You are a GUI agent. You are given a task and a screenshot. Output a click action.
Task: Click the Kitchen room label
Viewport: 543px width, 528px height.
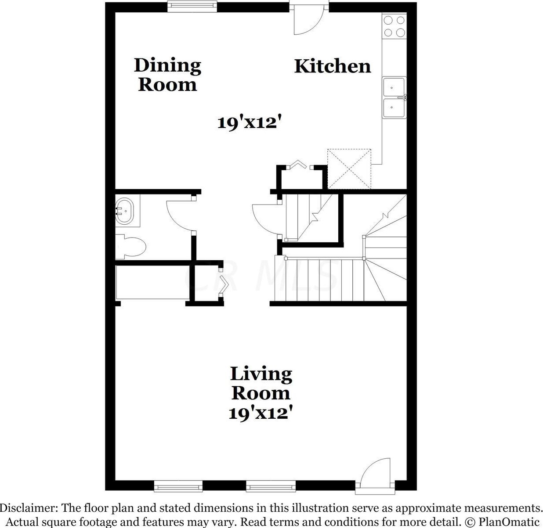click(x=332, y=66)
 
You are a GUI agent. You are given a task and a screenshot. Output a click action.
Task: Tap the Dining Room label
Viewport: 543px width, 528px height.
click(x=167, y=75)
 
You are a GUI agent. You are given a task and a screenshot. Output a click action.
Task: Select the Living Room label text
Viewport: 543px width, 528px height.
click(x=261, y=383)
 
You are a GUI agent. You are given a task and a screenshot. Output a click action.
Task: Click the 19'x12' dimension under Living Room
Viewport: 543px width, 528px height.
click(x=261, y=413)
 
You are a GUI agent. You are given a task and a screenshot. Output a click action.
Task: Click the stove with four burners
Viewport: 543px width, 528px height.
click(x=394, y=26)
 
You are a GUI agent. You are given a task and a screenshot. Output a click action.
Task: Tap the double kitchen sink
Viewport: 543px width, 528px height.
click(x=394, y=97)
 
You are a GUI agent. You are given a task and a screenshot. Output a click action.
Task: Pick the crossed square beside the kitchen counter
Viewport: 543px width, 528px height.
click(x=349, y=169)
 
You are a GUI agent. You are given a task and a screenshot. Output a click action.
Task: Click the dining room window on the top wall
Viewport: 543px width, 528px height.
click(x=192, y=6)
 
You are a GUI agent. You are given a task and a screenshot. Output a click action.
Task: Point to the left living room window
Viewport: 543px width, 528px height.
click(x=178, y=486)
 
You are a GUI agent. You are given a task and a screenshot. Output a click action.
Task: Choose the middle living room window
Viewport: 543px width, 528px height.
click(x=270, y=486)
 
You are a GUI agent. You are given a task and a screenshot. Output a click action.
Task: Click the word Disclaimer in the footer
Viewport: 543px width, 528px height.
click(x=29, y=508)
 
